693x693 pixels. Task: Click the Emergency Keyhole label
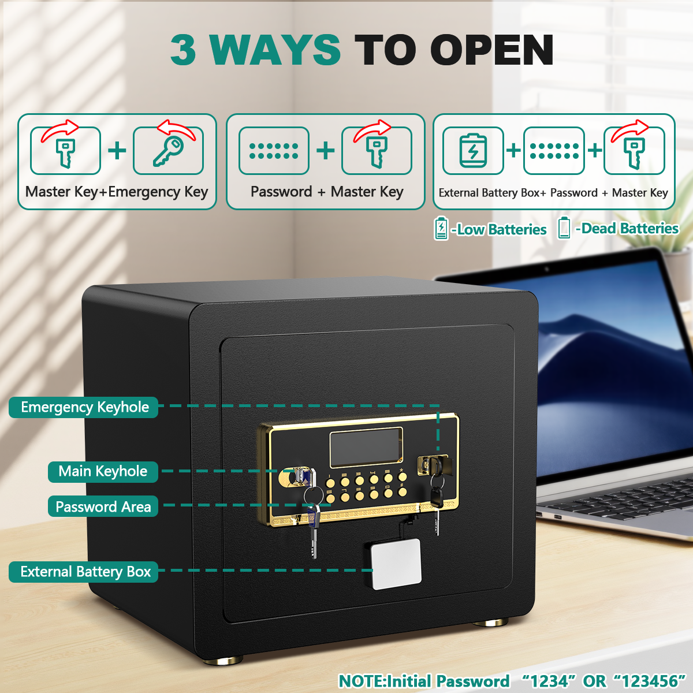tap(84, 407)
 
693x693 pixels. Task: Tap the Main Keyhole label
tap(103, 471)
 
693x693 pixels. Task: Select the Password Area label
tap(103, 506)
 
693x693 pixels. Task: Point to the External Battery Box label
tap(84, 572)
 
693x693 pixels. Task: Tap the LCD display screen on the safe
tap(366, 447)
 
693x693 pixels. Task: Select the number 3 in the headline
tap(183, 50)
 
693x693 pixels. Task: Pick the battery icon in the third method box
tap(473, 151)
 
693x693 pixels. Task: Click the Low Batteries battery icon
tap(441, 229)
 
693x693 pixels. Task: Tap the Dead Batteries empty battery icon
tap(564, 228)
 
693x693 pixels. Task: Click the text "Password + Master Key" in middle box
tap(327, 192)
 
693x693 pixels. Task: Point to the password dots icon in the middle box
tap(274, 151)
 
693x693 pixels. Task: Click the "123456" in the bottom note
tap(649, 681)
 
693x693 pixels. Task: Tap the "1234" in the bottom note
tap(549, 681)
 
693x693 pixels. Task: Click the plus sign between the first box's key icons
tap(117, 151)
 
